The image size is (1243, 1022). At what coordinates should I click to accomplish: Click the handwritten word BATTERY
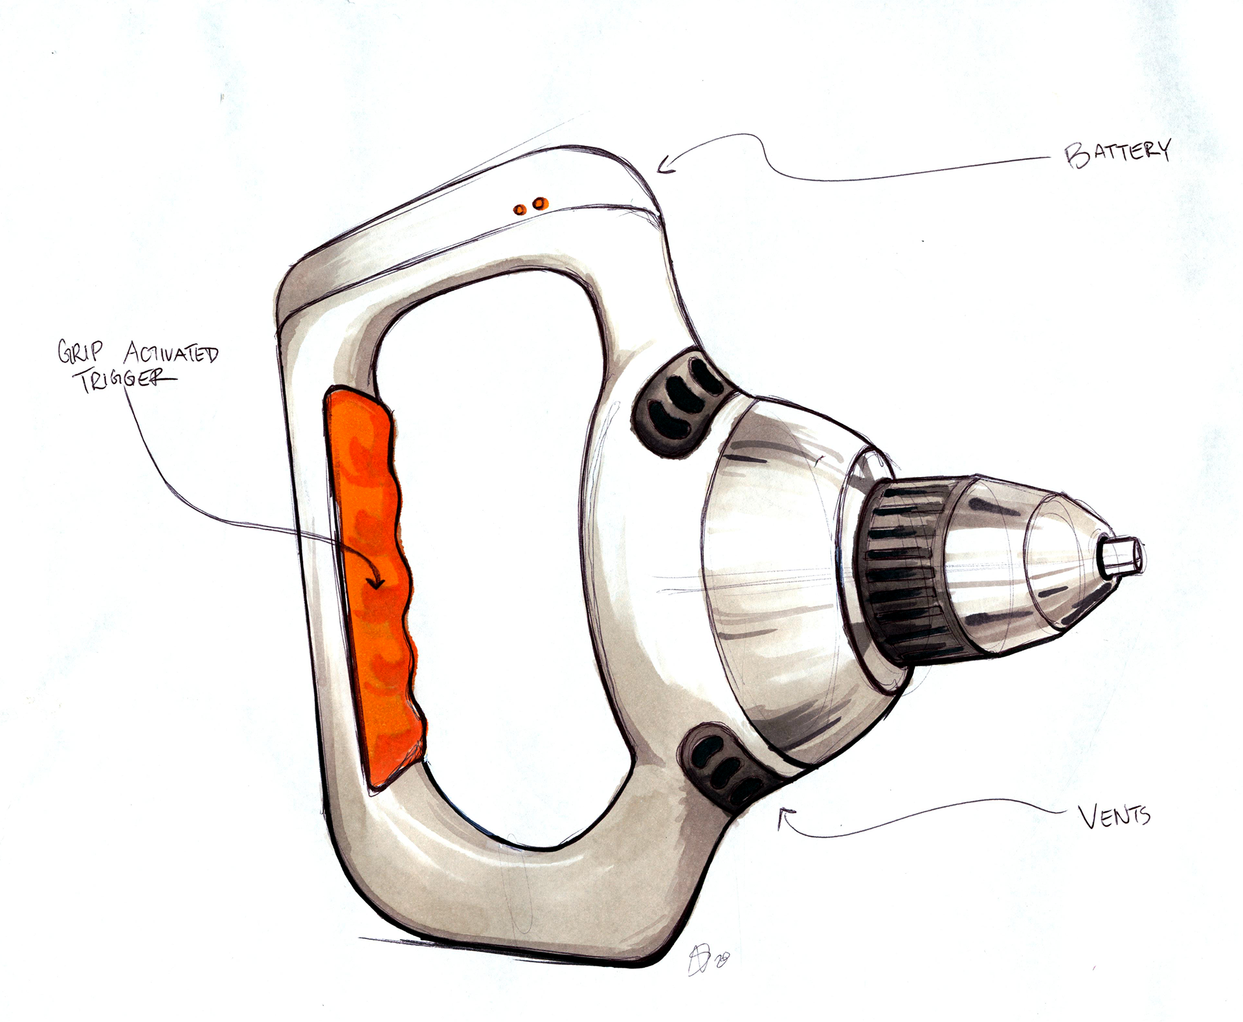point(1117,153)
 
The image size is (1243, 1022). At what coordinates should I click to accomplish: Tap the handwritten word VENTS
point(1114,817)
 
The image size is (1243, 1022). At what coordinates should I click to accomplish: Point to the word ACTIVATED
point(171,353)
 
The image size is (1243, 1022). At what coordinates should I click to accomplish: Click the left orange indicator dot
point(519,209)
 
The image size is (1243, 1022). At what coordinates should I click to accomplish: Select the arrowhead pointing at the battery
point(665,167)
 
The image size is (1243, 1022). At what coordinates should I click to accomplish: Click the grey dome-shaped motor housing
point(770,583)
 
